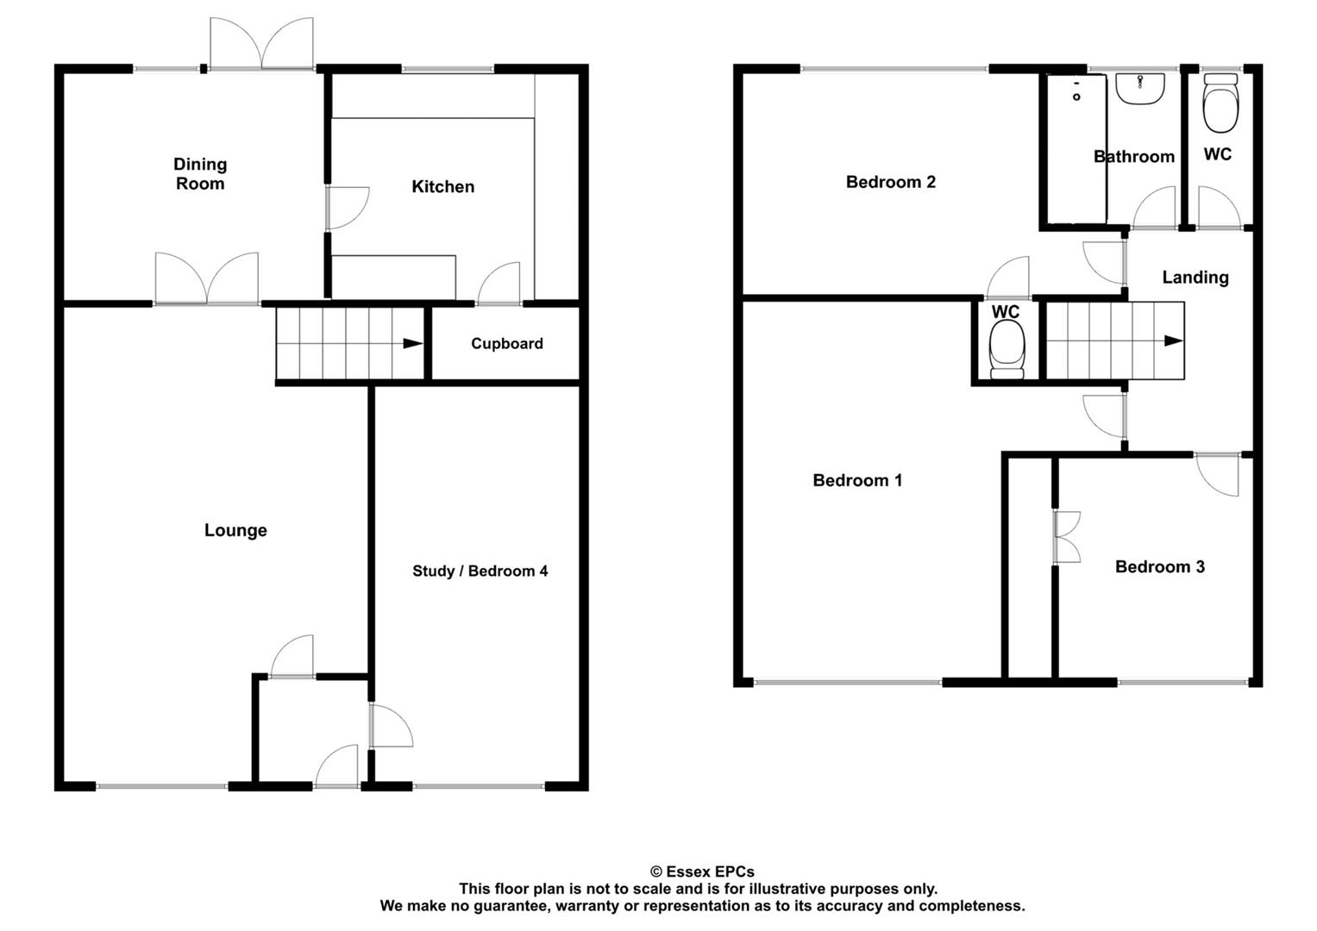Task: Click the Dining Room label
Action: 200,173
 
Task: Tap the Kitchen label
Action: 442,186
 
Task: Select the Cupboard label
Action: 506,343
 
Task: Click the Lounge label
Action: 235,530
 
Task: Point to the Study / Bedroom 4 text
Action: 480,571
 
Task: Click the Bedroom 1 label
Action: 857,480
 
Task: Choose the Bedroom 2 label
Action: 890,182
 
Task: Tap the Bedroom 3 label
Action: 1159,566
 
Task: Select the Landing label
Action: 1195,277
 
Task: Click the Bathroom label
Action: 1133,156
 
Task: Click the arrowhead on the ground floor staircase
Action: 412,344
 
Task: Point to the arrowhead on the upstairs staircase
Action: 1173,341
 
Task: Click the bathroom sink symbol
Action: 1139,88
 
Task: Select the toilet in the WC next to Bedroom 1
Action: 1007,349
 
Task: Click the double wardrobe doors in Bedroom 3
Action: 1067,538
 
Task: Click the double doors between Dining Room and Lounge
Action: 207,279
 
